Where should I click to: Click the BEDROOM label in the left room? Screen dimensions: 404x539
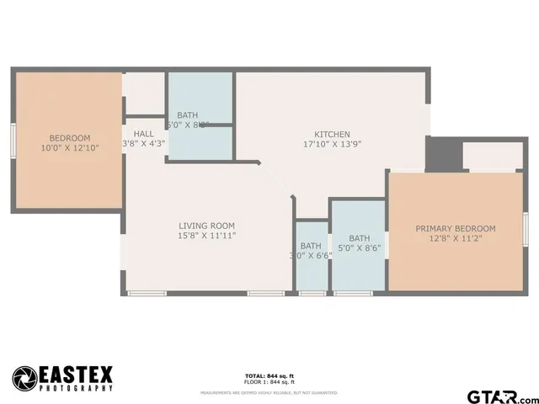[x=69, y=138]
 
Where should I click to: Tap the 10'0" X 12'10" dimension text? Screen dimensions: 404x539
[x=69, y=148]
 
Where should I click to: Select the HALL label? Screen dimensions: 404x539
[x=143, y=134]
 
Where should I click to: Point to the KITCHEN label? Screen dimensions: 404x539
[x=331, y=135]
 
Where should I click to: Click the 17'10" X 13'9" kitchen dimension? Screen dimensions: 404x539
[x=331, y=145]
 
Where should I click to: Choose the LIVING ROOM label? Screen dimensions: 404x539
[x=206, y=226]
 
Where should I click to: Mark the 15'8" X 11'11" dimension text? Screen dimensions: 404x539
[x=206, y=236]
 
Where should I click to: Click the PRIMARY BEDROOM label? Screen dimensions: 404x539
[x=455, y=228]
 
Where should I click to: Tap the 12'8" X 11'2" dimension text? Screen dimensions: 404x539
[x=455, y=238]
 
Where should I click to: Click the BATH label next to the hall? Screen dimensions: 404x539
[x=187, y=115]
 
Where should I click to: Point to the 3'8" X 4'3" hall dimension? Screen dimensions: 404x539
[x=144, y=144]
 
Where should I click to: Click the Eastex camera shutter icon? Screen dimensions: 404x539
[x=24, y=377]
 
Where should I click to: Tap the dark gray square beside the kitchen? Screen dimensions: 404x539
[x=439, y=153]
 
